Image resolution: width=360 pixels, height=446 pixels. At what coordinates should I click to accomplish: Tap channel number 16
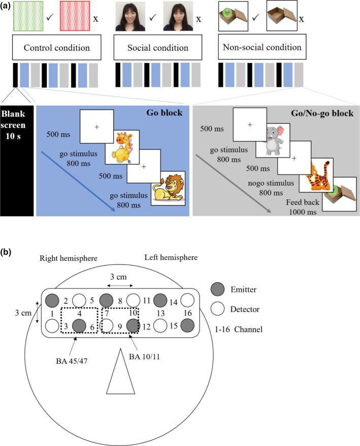pos(187,312)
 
